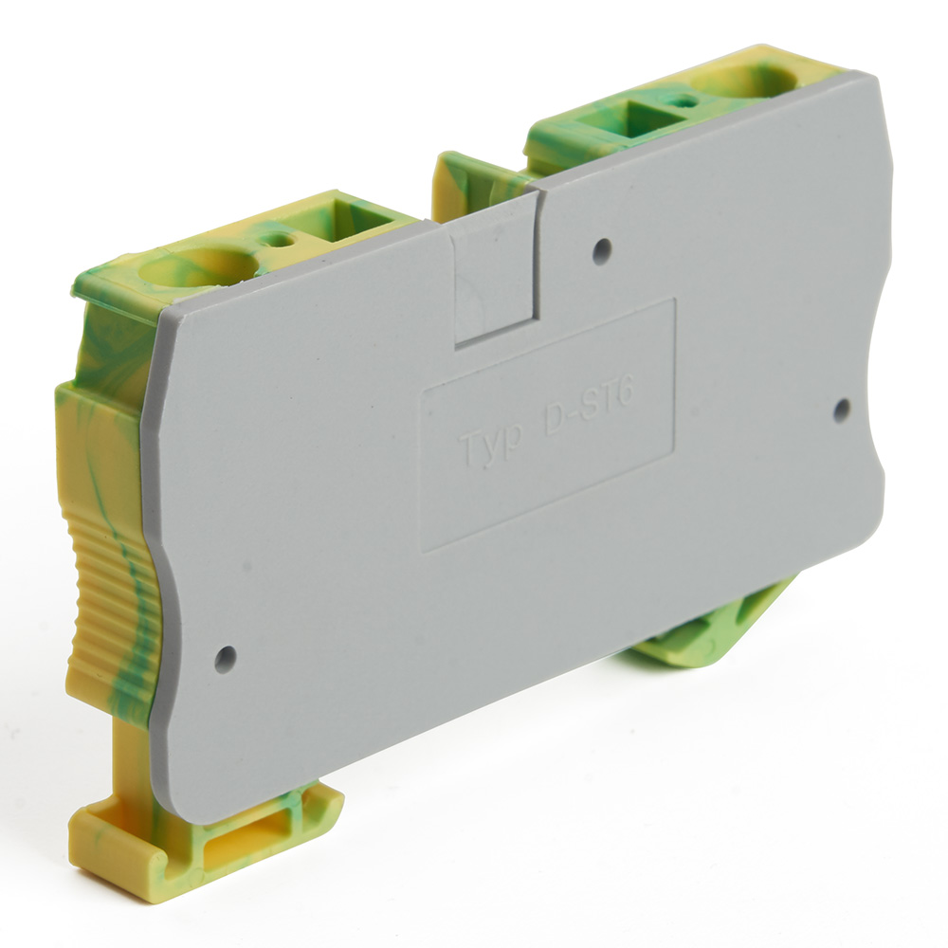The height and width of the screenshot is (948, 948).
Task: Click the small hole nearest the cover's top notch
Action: click(601, 250)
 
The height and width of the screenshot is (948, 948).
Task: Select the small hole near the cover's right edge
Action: click(840, 410)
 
